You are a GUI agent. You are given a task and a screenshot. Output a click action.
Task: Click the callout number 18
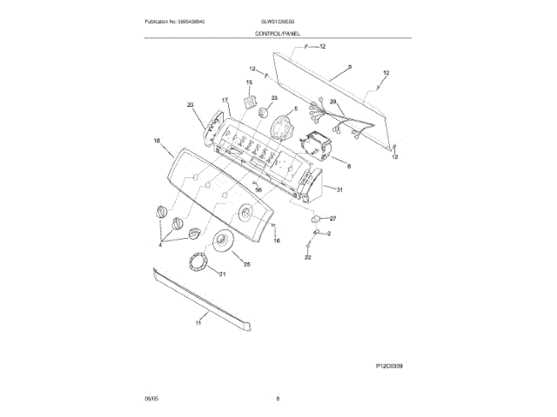coord(157,141)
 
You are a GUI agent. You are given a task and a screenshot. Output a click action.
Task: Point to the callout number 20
coord(190,106)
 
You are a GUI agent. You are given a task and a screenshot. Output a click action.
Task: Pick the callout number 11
coord(198,323)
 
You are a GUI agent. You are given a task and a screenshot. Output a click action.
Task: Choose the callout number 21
coord(221,275)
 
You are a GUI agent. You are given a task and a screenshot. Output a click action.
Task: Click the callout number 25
coord(247,264)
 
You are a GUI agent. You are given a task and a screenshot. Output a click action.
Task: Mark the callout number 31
coord(340,190)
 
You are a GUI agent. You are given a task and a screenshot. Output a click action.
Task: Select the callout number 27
coord(332,218)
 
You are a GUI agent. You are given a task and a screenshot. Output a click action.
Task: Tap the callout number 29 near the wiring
coord(331,102)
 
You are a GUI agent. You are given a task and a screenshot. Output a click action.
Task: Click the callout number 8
coord(348,165)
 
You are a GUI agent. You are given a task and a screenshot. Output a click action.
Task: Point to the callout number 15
coord(248,83)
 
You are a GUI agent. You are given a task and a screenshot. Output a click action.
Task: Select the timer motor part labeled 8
coord(317,144)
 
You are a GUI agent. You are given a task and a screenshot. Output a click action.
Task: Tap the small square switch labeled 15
coord(253,103)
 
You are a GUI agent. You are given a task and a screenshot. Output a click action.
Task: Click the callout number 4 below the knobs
coord(159,245)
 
